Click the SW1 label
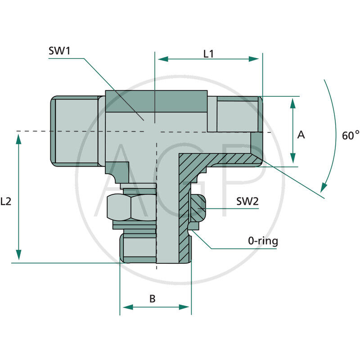pos(59,51)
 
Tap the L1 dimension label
pos(208,54)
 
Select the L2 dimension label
pos(6,202)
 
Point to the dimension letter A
pos(301,135)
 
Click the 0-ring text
pos(263,241)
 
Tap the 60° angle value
pos(351,135)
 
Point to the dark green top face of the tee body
pos(156,101)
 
